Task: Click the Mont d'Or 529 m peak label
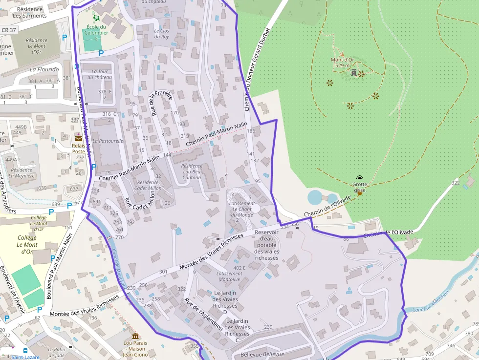click(x=342, y=63)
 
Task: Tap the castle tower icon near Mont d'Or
click(x=353, y=72)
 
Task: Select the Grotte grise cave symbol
click(x=360, y=179)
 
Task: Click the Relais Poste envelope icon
click(x=79, y=138)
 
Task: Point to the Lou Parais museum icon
click(x=135, y=336)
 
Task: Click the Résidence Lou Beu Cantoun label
click(x=192, y=171)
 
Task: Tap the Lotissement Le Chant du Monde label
click(x=242, y=209)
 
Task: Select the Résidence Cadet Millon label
click(x=148, y=185)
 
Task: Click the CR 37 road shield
click(x=9, y=30)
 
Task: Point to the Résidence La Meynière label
click(x=22, y=173)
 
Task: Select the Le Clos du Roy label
click(x=161, y=34)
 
